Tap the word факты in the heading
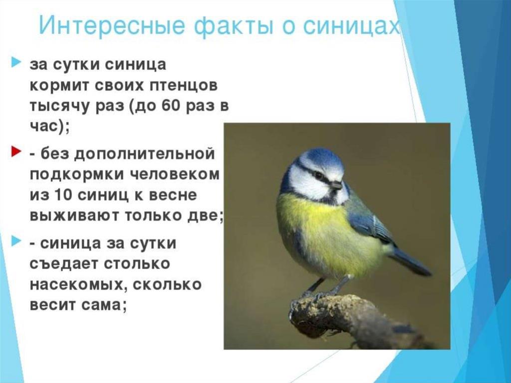pyautogui.click(x=235, y=26)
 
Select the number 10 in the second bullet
pyautogui.click(x=63, y=195)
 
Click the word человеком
pyautogui.click(x=175, y=175)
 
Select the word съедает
pyautogui.click(x=64, y=264)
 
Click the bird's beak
pyautogui.click(x=336, y=185)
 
